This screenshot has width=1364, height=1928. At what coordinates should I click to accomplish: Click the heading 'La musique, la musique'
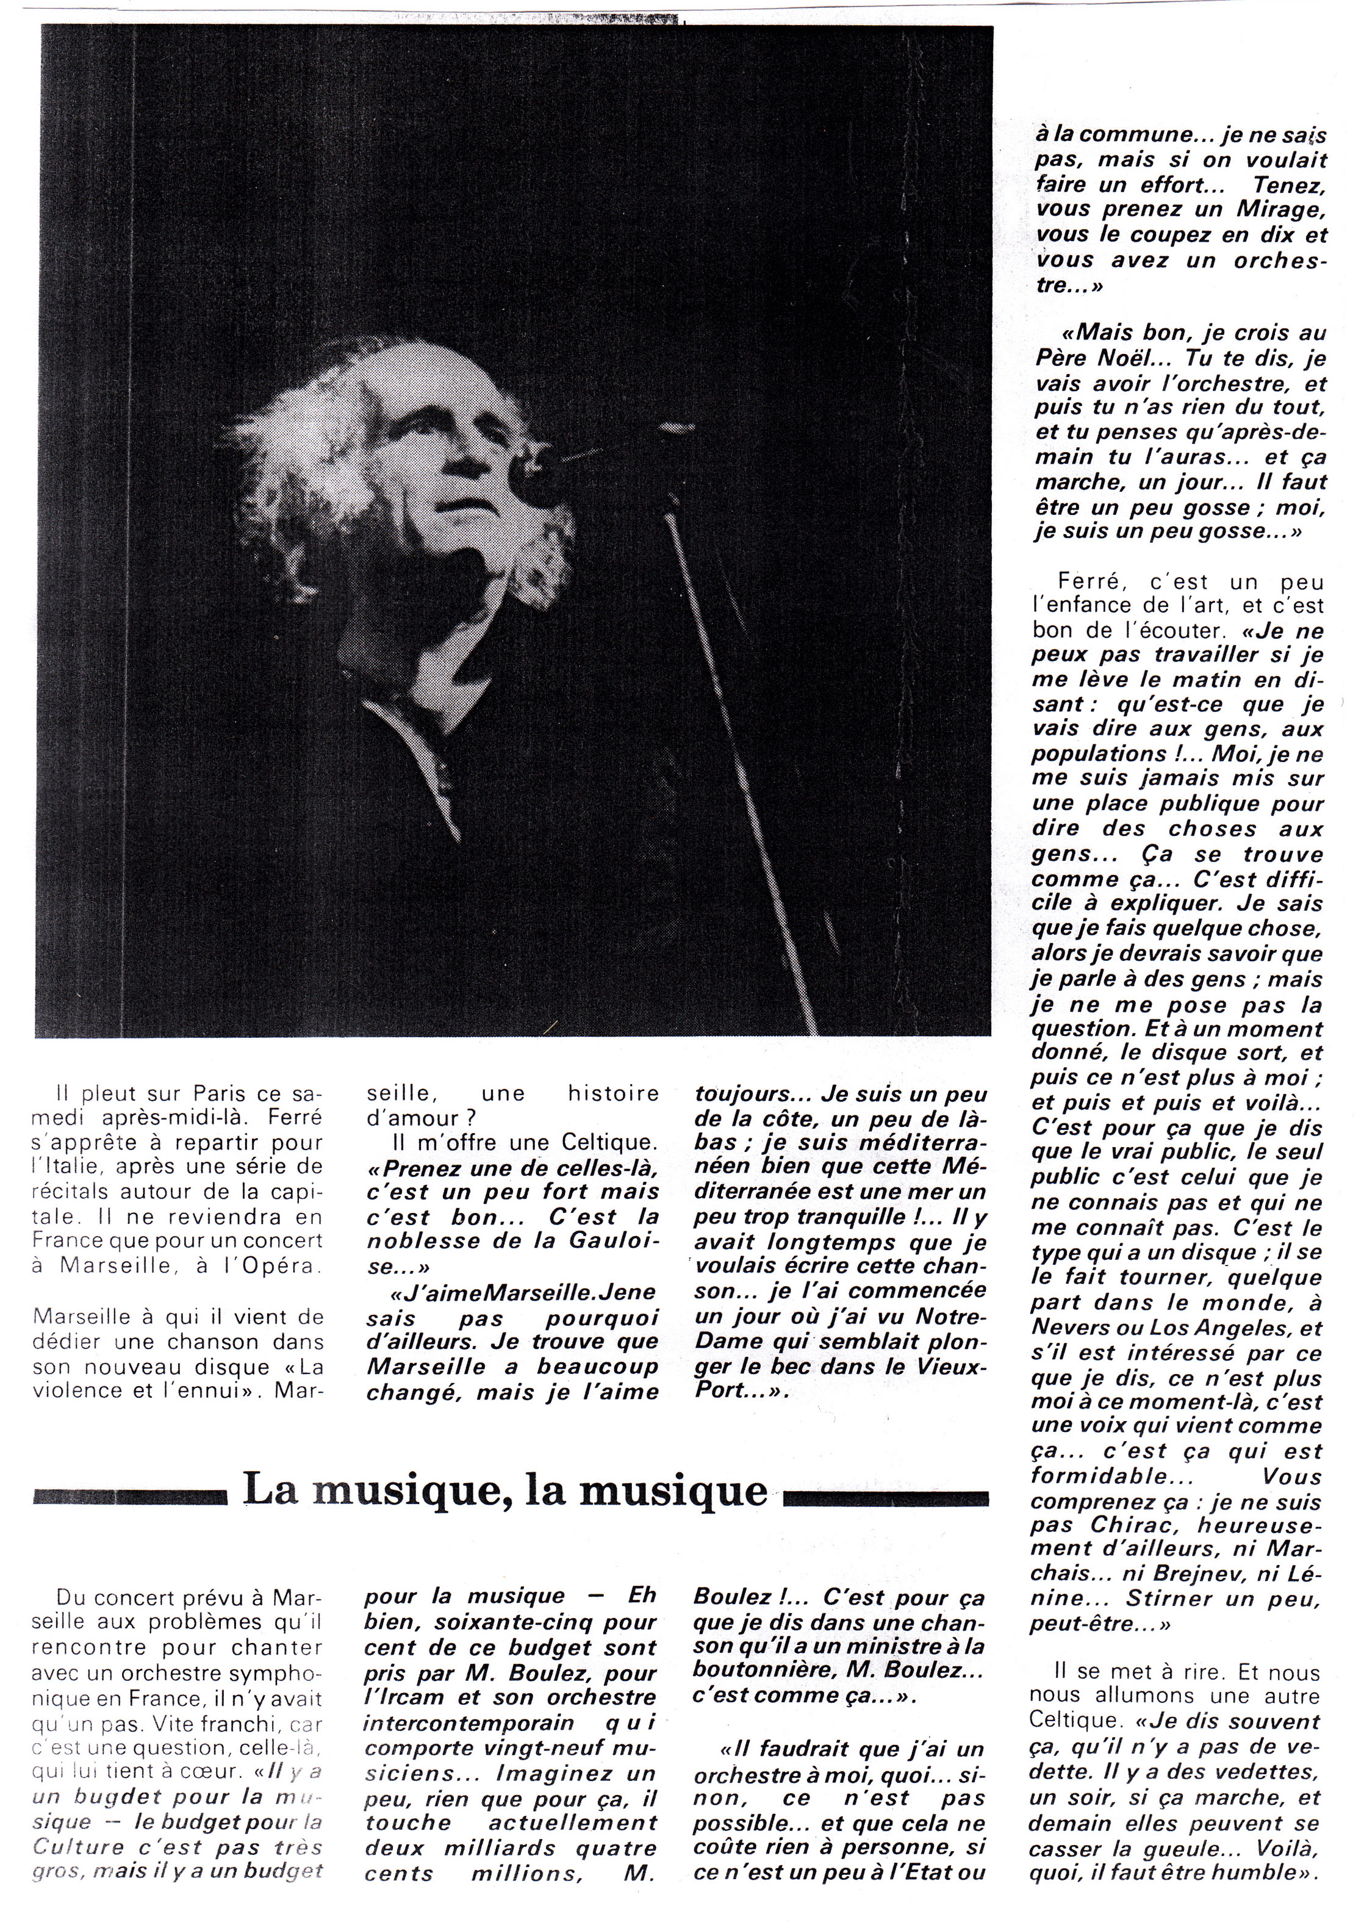pyautogui.click(x=504, y=1491)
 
